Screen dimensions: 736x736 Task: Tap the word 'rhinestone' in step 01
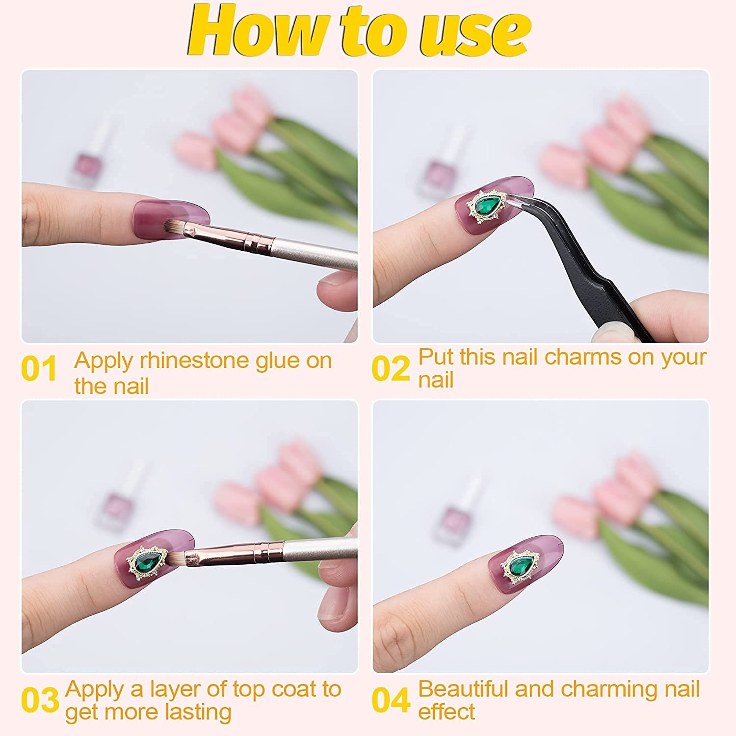[x=194, y=361]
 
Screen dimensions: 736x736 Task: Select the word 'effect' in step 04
[x=447, y=712]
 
